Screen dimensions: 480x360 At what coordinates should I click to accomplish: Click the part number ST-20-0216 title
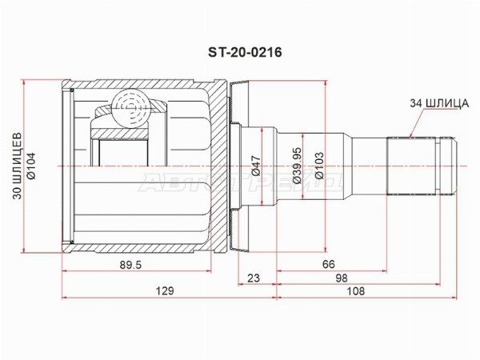(245, 53)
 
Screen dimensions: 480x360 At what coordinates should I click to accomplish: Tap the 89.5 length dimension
(130, 265)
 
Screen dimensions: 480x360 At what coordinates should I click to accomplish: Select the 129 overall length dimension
(165, 290)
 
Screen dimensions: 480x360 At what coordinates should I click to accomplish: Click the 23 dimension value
(254, 278)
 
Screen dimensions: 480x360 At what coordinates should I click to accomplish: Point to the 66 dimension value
(329, 264)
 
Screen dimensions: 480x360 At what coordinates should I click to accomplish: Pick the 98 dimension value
(342, 278)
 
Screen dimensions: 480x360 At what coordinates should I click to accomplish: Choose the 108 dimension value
(356, 290)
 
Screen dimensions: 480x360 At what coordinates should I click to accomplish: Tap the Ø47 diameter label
(256, 166)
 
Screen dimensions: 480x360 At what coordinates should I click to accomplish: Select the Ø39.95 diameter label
(298, 166)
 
